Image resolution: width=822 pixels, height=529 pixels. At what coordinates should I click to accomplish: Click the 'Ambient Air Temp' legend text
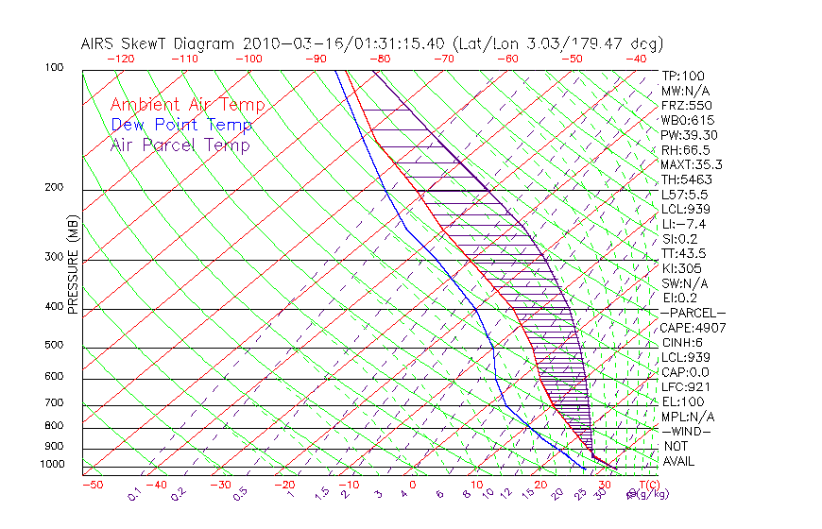187,106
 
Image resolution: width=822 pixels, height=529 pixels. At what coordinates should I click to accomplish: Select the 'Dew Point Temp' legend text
181,126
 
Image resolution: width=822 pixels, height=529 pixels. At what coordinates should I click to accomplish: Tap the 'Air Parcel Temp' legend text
180,145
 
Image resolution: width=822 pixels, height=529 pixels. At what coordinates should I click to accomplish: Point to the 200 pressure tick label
53,188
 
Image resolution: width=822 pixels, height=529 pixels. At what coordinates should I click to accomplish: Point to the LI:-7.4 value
683,224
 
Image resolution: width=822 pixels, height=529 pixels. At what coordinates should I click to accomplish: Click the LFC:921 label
686,386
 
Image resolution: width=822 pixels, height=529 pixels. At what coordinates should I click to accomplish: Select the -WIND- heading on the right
687,431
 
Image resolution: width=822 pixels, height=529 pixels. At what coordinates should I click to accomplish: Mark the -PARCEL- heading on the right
694,313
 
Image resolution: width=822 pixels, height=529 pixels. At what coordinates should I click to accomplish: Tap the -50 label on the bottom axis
92,486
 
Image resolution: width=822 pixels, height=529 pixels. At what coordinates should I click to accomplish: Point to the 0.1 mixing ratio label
135,493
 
